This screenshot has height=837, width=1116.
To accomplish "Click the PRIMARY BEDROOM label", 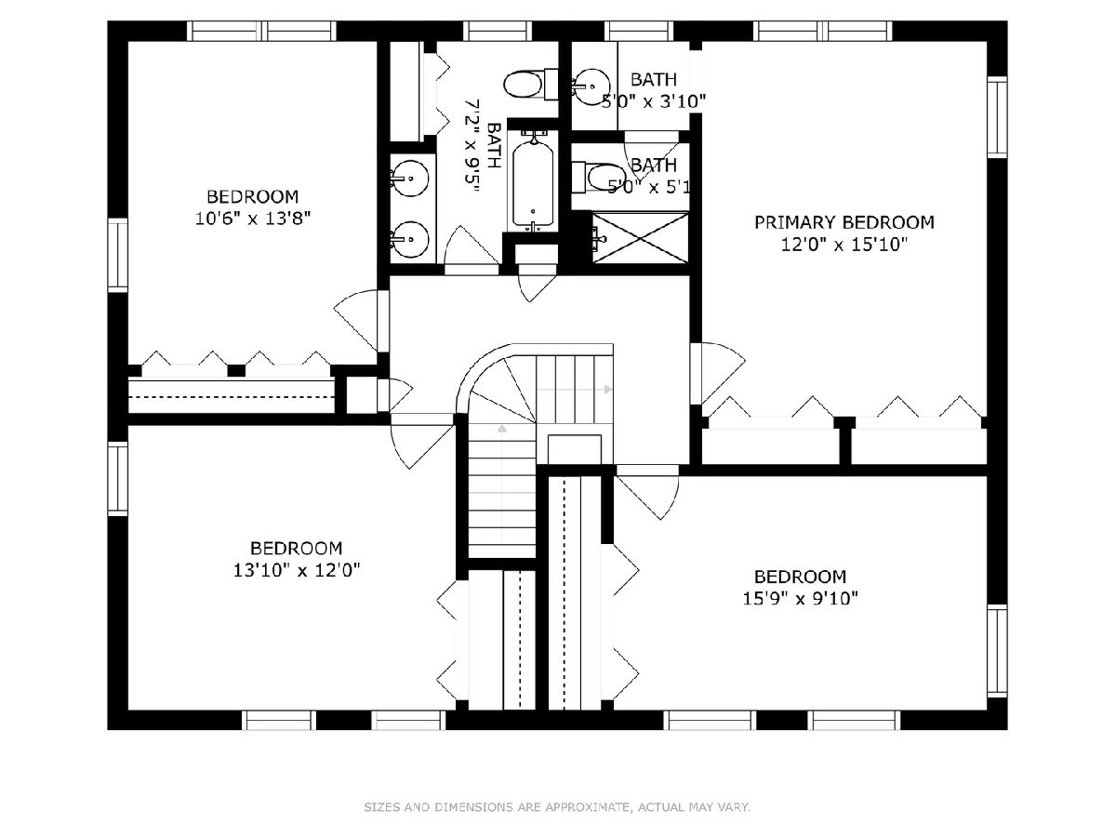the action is pyautogui.click(x=844, y=222).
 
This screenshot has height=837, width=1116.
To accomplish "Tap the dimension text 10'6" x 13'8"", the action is pyautogui.click(x=253, y=219).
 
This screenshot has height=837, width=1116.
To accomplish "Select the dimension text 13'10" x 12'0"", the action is pyautogui.click(x=297, y=570).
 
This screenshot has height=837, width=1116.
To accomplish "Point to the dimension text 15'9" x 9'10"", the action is pyautogui.click(x=801, y=599).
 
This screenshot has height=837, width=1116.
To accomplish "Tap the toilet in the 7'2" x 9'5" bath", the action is pyautogui.click(x=531, y=85).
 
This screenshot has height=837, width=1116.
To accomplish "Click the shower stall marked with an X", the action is pyautogui.click(x=640, y=238).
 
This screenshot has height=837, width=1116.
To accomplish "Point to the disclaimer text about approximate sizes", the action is pyautogui.click(x=557, y=806).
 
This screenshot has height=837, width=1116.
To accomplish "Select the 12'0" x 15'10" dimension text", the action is pyautogui.click(x=844, y=245).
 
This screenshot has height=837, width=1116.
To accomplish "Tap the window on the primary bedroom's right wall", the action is pyautogui.click(x=997, y=117).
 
